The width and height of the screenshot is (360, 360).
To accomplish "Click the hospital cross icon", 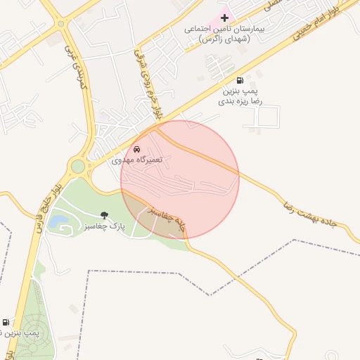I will (x=225, y=17).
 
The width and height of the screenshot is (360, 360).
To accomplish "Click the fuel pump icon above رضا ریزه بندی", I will (x=240, y=81).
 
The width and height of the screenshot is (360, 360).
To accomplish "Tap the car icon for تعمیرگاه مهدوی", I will (x=136, y=150).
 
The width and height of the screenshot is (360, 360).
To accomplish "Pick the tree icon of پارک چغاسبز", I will (x=105, y=216).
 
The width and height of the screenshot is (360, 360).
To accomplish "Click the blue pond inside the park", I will (x=58, y=223).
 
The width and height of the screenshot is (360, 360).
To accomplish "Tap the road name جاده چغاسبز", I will (x=169, y=219).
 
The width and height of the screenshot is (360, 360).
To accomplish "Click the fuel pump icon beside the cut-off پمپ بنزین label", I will (x=6, y=322).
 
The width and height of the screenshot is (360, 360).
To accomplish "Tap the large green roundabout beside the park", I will (x=77, y=167).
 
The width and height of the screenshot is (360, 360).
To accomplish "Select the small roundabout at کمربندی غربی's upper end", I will (x=61, y=22).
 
